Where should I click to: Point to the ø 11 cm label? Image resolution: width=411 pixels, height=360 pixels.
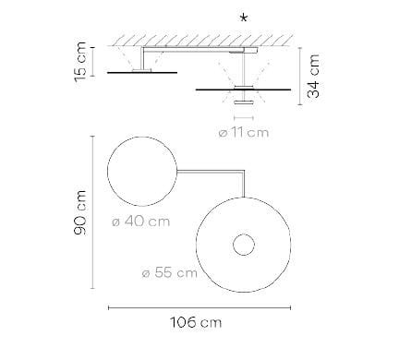pyautogui.click(x=245, y=132)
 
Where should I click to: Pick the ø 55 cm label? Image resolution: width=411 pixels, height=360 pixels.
pyautogui.click(x=169, y=272)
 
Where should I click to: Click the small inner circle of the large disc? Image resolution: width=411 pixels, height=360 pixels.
pyautogui.click(x=244, y=246)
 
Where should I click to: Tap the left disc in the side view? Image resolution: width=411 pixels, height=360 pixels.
pyautogui.click(x=143, y=71)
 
